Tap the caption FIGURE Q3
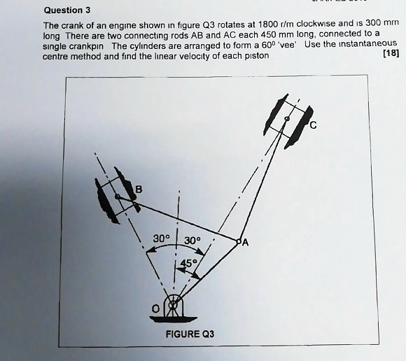[x=188, y=334]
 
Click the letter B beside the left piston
[x=138, y=189]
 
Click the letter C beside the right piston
[x=312, y=126]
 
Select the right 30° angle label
[x=194, y=241]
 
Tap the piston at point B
[x=116, y=198]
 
